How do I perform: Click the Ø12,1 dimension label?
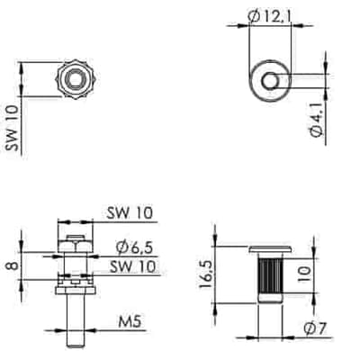click(270, 15)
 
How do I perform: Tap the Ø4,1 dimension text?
click(316, 120)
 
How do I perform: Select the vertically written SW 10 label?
click(13, 128)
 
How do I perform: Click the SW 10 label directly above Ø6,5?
click(130, 212)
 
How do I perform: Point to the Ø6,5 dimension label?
click(135, 247)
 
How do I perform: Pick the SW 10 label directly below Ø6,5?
click(132, 266)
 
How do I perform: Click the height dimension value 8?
click(13, 265)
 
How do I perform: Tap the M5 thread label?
click(130, 322)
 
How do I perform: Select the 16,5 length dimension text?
click(205, 274)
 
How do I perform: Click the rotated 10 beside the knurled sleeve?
click(304, 274)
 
